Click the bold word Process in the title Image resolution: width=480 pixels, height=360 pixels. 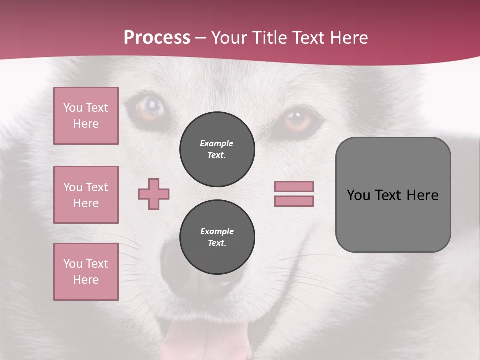tap(157, 38)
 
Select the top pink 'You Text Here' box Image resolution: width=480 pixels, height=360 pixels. tap(86, 116)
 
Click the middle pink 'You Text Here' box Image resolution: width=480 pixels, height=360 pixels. tap(86, 195)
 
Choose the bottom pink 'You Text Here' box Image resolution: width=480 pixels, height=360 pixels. tap(86, 272)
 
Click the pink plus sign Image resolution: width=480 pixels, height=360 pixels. tap(154, 194)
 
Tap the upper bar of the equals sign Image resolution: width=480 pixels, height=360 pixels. tap(294, 186)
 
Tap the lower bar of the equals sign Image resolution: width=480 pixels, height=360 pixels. tap(294, 201)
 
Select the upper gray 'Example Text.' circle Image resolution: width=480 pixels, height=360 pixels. tap(217, 149)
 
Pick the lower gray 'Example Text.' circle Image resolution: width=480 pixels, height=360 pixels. tap(217, 237)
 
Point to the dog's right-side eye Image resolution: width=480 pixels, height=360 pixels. tap(298, 120)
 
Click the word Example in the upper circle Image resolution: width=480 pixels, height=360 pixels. tap(217, 143)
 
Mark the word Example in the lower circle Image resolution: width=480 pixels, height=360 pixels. tap(217, 231)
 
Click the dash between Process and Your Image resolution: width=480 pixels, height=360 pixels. tap(200, 38)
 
